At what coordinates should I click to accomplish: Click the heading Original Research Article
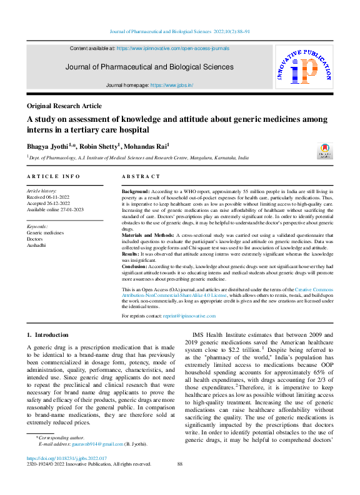click(64, 106)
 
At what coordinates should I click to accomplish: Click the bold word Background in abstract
click(135, 190)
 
